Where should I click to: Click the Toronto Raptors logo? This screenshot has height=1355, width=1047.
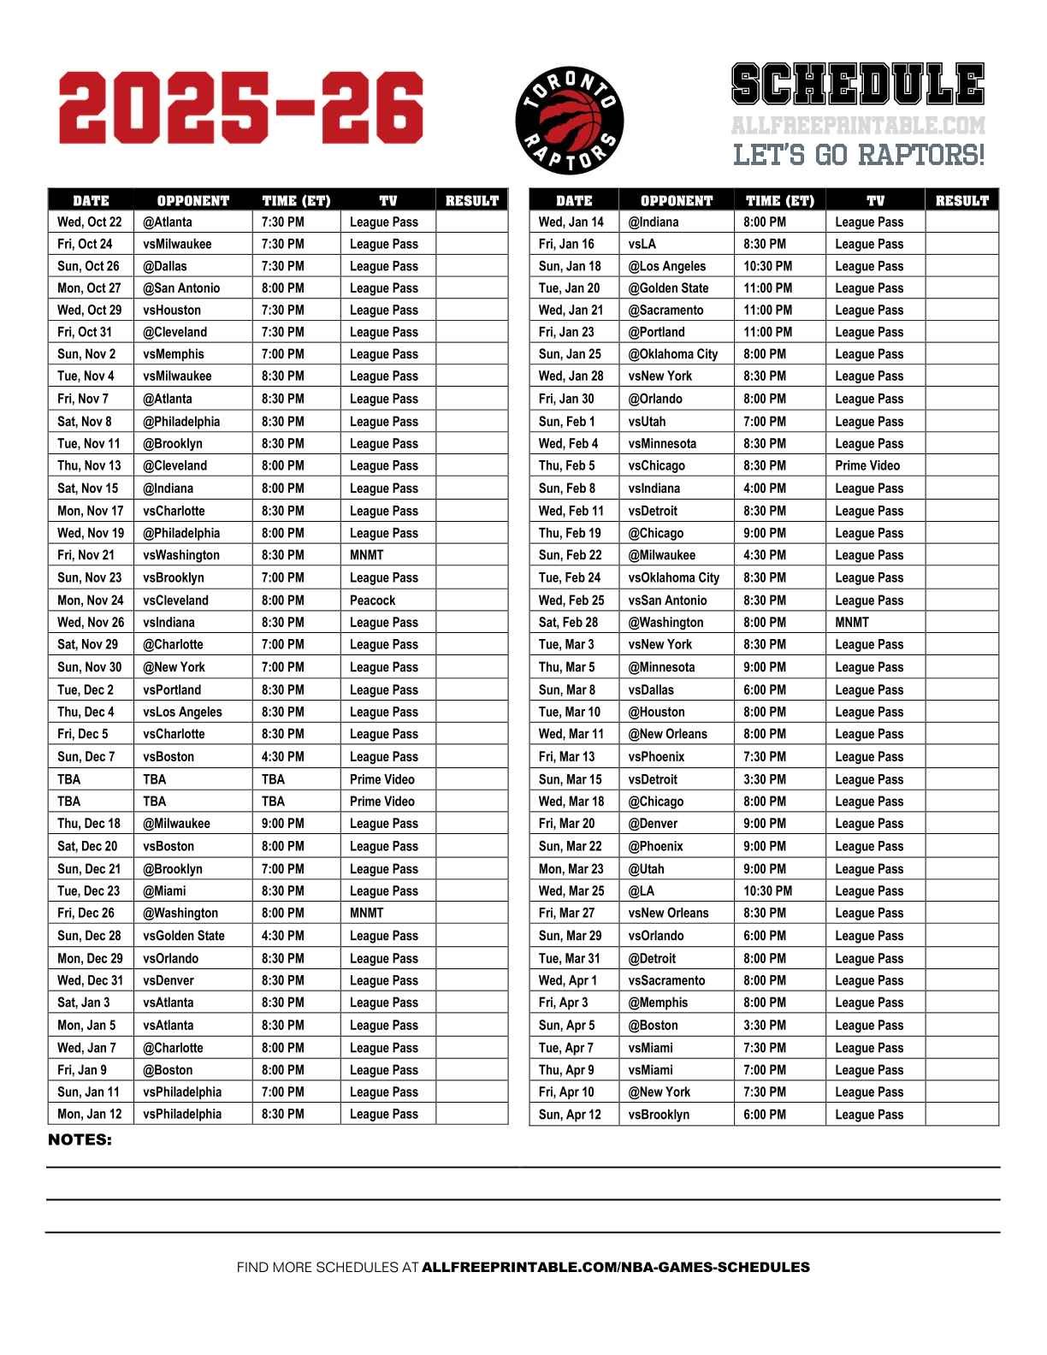pyautogui.click(x=570, y=121)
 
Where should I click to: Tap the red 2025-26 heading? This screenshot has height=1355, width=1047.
pyautogui.click(x=241, y=109)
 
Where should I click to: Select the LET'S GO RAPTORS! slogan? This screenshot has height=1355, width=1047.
pyautogui.click(x=859, y=155)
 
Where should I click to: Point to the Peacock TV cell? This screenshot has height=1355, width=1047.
pyautogui.click(x=373, y=601)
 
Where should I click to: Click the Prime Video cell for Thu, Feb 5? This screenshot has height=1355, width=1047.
pyautogui.click(x=867, y=466)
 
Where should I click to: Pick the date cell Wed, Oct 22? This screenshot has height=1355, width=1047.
pyautogui.click(x=90, y=222)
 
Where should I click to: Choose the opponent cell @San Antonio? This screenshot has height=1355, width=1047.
pyautogui.click(x=181, y=288)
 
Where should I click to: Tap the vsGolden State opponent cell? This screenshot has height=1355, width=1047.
pyautogui.click(x=184, y=936)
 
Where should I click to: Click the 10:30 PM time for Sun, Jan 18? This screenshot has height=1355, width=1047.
pyautogui.click(x=767, y=266)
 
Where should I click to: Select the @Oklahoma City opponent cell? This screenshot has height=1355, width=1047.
pyautogui.click(x=673, y=354)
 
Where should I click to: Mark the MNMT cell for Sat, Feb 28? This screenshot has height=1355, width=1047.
pyautogui.click(x=852, y=623)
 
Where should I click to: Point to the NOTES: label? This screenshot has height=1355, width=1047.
pyautogui.click(x=80, y=1140)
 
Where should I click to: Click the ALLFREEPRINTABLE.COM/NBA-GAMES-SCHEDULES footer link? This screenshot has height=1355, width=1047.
pyautogui.click(x=616, y=1267)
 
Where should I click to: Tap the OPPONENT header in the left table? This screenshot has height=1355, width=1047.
pyautogui.click(x=193, y=201)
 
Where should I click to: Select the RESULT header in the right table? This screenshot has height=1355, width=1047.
pyautogui.click(x=961, y=201)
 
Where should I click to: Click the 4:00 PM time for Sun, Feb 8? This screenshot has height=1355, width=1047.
pyautogui.click(x=764, y=488)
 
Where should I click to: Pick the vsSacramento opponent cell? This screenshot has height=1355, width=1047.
pyautogui.click(x=667, y=981)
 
